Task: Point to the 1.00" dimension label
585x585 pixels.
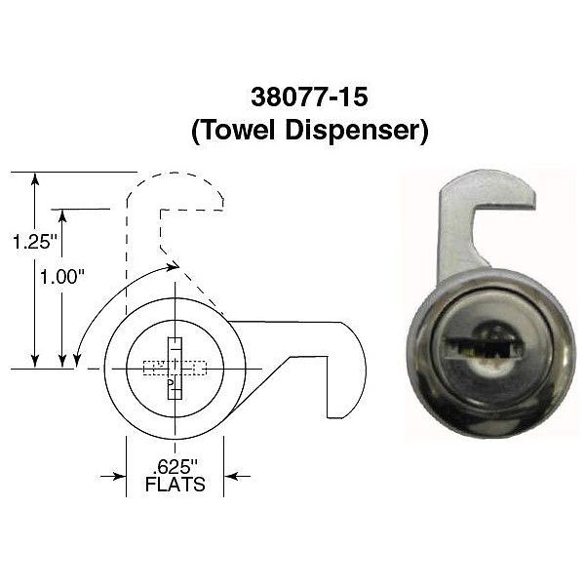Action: coord(61,276)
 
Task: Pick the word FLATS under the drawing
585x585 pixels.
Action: coord(175,484)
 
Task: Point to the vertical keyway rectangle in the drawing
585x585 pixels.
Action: coord(175,369)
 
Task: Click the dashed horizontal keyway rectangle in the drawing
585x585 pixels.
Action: coord(156,369)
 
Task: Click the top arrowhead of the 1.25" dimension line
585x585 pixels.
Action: coord(36,178)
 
